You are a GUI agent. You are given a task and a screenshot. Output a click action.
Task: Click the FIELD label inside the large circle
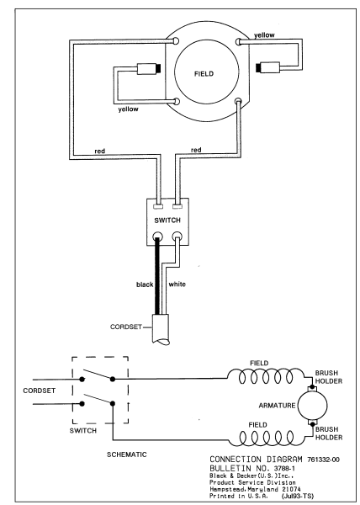[x=204, y=74]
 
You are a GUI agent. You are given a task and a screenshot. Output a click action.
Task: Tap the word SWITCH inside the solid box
[x=167, y=221]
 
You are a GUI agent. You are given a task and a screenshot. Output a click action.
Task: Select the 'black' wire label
[x=145, y=284]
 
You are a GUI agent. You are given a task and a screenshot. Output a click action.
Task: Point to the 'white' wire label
[x=177, y=284]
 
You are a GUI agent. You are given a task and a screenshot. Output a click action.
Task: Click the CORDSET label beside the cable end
[x=126, y=327]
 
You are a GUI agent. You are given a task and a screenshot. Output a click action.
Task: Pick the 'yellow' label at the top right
[x=264, y=35]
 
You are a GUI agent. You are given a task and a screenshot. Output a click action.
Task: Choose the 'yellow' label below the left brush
[x=128, y=109]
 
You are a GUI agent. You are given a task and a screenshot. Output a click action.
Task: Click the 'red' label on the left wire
[x=100, y=151]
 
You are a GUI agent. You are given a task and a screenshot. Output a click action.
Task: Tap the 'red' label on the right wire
[x=196, y=150]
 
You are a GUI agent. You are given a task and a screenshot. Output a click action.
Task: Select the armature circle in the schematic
[x=312, y=406]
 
